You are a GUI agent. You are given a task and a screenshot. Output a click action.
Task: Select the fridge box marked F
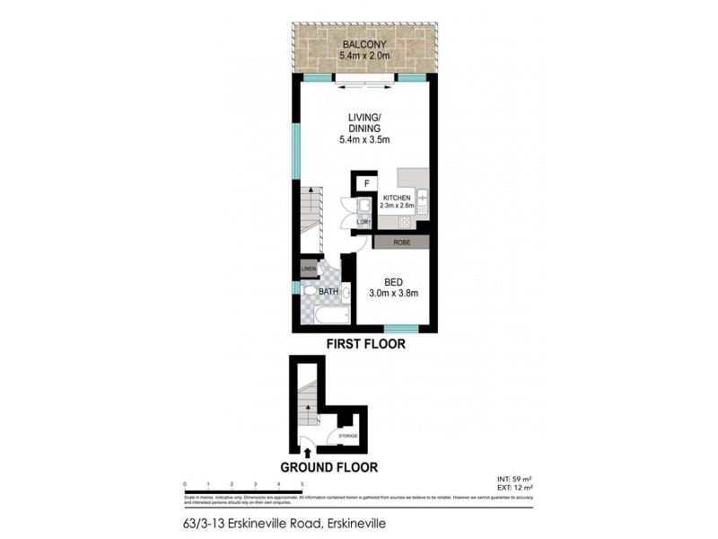pyautogui.click(x=366, y=185)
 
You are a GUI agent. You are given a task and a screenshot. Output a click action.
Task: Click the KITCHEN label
pyautogui.click(x=397, y=198)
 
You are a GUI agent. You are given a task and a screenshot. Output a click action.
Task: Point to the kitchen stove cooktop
pyautogui.click(x=405, y=221)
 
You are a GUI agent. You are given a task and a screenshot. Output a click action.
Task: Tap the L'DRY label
pyautogui.click(x=363, y=223)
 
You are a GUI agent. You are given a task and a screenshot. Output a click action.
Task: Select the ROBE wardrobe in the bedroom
pyautogui.click(x=394, y=243)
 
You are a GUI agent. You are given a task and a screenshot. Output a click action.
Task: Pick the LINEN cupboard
pyautogui.click(x=308, y=267)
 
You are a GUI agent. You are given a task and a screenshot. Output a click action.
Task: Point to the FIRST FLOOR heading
pyautogui.click(x=365, y=343)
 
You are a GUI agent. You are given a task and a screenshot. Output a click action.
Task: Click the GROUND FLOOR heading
pyautogui.click(x=328, y=466)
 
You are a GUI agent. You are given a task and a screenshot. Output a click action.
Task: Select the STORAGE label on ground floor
pyautogui.click(x=347, y=436)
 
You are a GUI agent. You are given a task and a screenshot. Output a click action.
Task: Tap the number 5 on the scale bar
pyautogui.click(x=302, y=484)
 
